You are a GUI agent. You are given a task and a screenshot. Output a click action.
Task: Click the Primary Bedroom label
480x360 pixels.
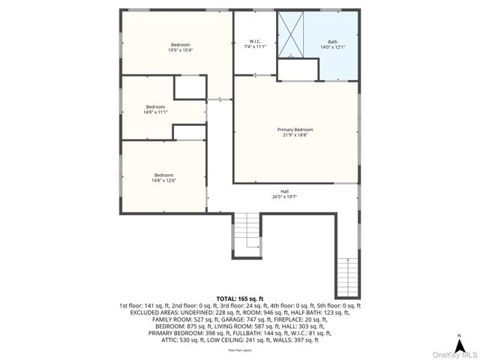tap(295, 130)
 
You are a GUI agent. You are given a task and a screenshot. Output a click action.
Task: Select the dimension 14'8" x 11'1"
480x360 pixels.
tap(155, 112)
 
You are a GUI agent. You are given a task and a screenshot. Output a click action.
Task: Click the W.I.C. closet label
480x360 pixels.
tap(255, 41)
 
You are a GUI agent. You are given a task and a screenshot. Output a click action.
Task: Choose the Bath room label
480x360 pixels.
tap(333, 41)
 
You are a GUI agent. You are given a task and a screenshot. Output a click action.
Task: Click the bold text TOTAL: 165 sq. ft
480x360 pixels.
tap(240, 298)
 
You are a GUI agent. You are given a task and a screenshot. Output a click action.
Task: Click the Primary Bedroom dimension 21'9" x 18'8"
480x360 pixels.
tap(295, 136)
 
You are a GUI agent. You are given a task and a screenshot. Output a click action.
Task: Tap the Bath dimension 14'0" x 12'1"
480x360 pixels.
tap(333, 47)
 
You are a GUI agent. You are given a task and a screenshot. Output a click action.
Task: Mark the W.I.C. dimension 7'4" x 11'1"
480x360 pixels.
tap(255, 46)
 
